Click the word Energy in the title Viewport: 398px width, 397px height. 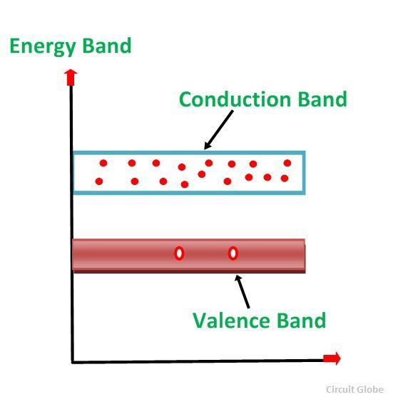pyautogui.click(x=43, y=46)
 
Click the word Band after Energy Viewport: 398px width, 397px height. pyautogui.click(x=107, y=45)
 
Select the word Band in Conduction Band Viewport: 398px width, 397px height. pyautogui.click(x=322, y=99)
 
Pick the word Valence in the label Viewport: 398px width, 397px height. pyautogui.click(x=230, y=321)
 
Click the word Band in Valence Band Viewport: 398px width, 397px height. pyautogui.click(x=301, y=321)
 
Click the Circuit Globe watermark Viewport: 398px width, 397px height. pyautogui.click(x=354, y=389)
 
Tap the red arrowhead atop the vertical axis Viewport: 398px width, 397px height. pyautogui.click(x=71, y=77)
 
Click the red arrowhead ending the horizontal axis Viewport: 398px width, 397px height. pyautogui.click(x=332, y=358)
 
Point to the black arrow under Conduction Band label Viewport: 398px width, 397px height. pyautogui.click(x=218, y=130)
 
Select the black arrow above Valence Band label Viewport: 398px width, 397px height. pyautogui.click(x=242, y=292)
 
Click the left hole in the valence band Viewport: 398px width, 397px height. pyautogui.click(x=179, y=253)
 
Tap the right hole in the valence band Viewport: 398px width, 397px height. pyautogui.click(x=233, y=253)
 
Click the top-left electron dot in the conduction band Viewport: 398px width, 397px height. pyautogui.click(x=103, y=163)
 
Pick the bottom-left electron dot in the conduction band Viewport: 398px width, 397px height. pyautogui.click(x=99, y=181)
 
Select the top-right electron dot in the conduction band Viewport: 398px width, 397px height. pyautogui.click(x=287, y=163)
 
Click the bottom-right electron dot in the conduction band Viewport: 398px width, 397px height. pyautogui.click(x=285, y=179)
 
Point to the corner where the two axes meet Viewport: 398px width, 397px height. pyautogui.click(x=72, y=362)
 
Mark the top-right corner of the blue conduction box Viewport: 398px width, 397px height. pyautogui.click(x=304, y=152)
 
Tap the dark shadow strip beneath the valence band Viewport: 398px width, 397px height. pyautogui.click(x=190, y=272)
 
